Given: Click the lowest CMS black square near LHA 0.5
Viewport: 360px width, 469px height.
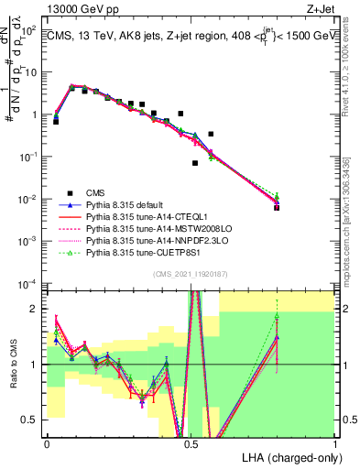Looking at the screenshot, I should click(195, 163).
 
